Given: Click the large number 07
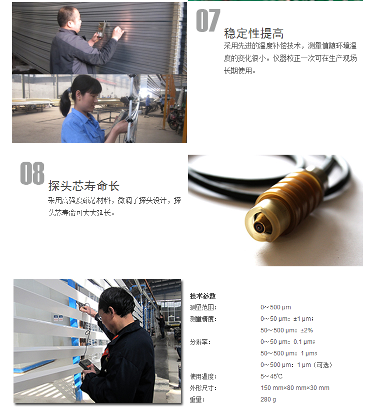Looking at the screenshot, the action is pos(208,21).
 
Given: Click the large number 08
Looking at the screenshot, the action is pos(32,173).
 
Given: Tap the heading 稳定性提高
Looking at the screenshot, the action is pos(253,34).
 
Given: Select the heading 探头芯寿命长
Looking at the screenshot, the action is pos(83,186).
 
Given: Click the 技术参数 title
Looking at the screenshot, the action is pos(202,296).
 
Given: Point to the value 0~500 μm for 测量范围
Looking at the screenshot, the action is pos(275,307).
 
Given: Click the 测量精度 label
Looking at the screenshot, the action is pos(203,319).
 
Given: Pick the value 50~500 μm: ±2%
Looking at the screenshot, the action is pos(286,330).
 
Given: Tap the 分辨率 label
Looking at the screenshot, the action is pos(200,342).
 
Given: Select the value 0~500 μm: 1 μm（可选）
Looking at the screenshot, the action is pos(296,365).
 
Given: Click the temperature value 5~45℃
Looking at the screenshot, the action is pos(271,376).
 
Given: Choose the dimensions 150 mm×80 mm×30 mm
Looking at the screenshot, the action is pos(295,388).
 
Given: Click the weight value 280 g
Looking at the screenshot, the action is pos(268,399).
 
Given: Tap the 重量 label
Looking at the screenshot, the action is pos(197,399).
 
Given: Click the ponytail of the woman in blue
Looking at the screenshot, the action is pos(65,103).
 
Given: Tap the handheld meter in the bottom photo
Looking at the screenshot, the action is pos(87,366).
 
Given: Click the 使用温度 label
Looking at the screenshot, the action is pos(203,376).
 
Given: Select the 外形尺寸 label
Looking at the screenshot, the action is pos(203,388).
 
